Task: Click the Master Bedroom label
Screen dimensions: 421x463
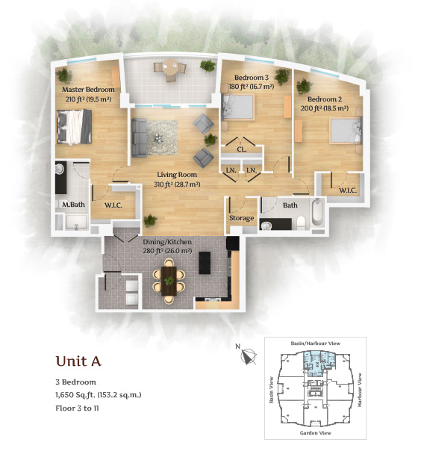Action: coord(88,90)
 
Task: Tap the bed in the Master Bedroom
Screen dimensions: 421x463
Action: coord(74,127)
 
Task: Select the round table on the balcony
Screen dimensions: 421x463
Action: coord(169,67)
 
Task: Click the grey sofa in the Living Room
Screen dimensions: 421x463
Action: coord(139,137)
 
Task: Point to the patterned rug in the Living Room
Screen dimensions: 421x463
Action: coord(162,138)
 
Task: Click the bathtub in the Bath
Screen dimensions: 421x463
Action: coord(317,212)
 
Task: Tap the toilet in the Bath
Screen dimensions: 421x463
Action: coord(301,223)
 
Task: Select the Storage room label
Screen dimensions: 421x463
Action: coord(242,218)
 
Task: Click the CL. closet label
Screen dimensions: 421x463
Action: coord(242,149)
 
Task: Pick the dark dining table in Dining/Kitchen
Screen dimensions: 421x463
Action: coord(169,281)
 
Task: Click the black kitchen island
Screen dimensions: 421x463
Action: coord(205,263)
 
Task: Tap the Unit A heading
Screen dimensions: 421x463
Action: coord(78,361)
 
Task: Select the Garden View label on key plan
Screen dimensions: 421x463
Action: coord(315,433)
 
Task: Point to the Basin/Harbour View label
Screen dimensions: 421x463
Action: coord(316,344)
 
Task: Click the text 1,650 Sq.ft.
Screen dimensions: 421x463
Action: coord(75,395)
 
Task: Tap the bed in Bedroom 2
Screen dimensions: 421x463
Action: coord(346,131)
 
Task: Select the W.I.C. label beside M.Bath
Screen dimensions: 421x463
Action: coord(113,205)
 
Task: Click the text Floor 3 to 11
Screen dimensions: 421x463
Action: coord(78,408)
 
